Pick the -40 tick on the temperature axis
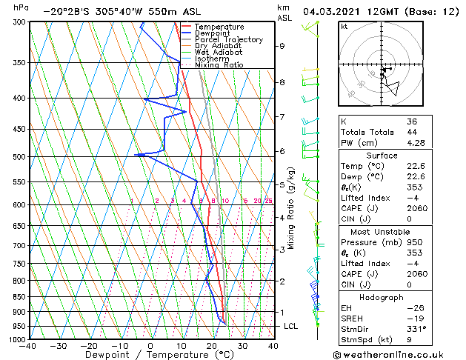pyautogui.click(x=29, y=346)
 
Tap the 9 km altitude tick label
pyautogui.click(x=282, y=46)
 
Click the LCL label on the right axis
pyautogui.click(x=291, y=326)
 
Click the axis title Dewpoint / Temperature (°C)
pyautogui.click(x=150, y=356)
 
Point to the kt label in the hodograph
pyautogui.click(x=344, y=27)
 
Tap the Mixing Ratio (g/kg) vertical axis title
pyautogui.click(x=292, y=207)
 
